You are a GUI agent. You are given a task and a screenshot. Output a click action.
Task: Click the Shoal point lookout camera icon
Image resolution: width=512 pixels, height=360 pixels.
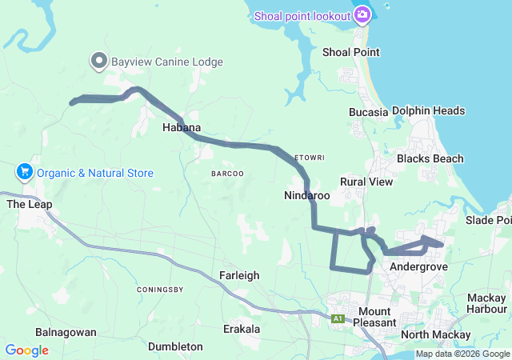[x=362, y=16]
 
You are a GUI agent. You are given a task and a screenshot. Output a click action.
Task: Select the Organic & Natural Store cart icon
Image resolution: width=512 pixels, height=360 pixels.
[x=24, y=172]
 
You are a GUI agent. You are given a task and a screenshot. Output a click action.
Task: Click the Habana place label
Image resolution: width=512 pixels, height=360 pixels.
[x=182, y=127]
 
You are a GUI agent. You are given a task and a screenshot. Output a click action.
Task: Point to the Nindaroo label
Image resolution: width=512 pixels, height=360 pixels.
[x=307, y=195]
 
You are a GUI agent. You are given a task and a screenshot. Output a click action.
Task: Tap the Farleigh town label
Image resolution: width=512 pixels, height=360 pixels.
[x=239, y=275]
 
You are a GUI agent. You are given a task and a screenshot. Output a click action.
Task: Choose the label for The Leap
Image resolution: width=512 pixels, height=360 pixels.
[x=30, y=204]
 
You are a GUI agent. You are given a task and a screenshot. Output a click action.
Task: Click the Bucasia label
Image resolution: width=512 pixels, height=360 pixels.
[x=368, y=112]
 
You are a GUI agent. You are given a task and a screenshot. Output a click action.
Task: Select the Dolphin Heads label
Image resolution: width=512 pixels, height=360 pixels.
[x=429, y=111]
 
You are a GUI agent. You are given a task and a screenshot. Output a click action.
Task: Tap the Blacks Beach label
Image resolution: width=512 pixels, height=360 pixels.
[x=430, y=158]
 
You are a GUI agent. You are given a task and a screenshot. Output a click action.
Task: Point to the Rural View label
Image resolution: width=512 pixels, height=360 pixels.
[x=366, y=182]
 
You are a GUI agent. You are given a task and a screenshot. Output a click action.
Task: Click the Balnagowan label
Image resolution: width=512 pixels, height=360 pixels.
[x=66, y=331]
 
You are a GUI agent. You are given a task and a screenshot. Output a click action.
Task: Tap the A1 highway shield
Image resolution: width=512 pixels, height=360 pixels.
[x=338, y=318]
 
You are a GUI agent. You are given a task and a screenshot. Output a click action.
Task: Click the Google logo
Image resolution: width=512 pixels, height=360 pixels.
[x=26, y=350]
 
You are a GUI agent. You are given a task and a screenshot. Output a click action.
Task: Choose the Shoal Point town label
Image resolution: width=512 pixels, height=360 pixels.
[x=350, y=52]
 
